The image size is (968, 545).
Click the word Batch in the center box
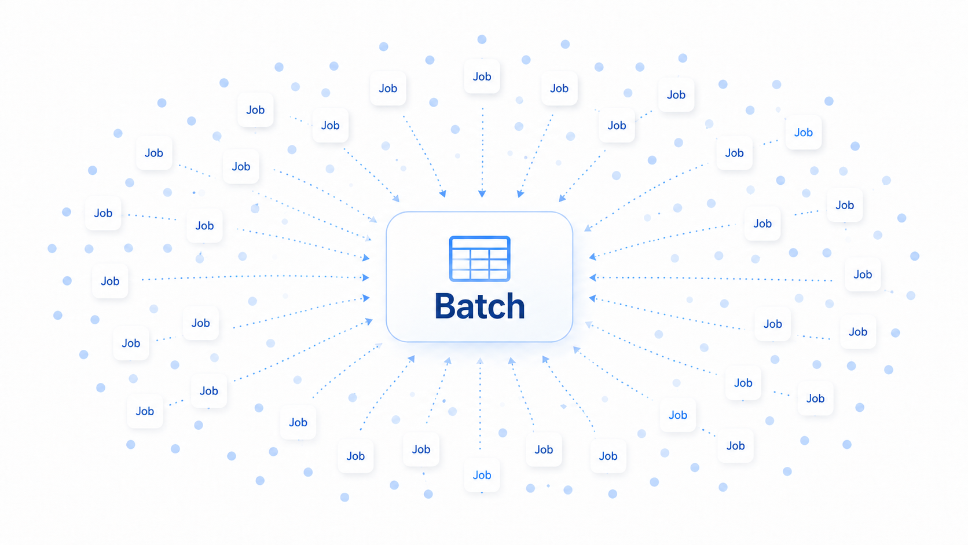pyautogui.click(x=480, y=306)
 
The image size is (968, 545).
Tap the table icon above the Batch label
pyautogui.click(x=480, y=258)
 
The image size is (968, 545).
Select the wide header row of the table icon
pyautogui.click(x=480, y=243)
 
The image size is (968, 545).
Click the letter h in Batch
pyautogui.click(x=516, y=306)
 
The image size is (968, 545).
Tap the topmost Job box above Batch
pyautogui.click(x=482, y=76)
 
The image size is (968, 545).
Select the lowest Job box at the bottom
pyautogui.click(x=482, y=475)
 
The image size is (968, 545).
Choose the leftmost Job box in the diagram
pyautogui.click(x=103, y=213)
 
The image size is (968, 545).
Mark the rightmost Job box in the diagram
pyautogui.click(x=863, y=275)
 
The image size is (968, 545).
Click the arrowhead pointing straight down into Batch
pyautogui.click(x=482, y=193)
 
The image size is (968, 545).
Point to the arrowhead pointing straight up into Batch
pyautogui.click(x=480, y=361)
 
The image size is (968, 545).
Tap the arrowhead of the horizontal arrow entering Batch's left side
pyautogui.click(x=365, y=277)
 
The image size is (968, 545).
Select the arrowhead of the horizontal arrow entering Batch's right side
pyautogui.click(x=593, y=277)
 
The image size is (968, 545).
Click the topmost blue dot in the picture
pyautogui.click(x=482, y=39)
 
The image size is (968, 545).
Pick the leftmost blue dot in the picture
pyautogui.click(x=52, y=248)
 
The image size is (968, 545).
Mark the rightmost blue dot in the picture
pyautogui.click(x=915, y=257)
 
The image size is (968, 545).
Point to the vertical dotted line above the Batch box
pyautogui.click(x=482, y=149)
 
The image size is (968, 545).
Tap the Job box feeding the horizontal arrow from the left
pyautogui.click(x=110, y=281)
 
